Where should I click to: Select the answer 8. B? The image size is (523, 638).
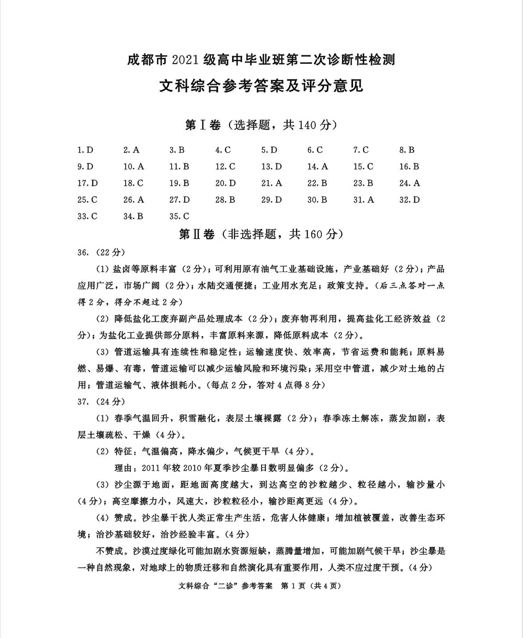(407, 150)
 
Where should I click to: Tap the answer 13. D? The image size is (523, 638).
(271, 167)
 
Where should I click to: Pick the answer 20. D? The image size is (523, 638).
(225, 183)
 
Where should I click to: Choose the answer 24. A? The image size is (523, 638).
(409, 183)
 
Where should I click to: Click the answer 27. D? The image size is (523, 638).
(179, 200)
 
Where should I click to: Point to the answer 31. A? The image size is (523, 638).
(363, 200)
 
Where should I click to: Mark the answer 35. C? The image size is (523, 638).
(179, 216)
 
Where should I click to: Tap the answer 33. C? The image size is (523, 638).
(87, 216)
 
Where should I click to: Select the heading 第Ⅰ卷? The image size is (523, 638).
(203, 126)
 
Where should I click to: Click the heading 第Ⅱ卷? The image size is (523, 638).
(197, 234)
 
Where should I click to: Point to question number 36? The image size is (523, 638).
(82, 252)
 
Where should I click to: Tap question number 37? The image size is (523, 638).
(82, 401)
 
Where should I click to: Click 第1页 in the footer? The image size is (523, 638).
(292, 585)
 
